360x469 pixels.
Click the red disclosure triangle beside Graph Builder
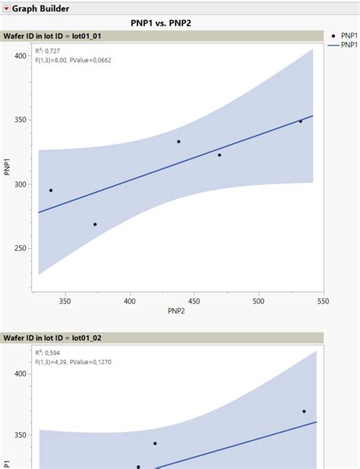point(6,8)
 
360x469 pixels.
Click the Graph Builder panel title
point(41,8)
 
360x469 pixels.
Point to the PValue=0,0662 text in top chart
point(91,59)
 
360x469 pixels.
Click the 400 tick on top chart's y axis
point(21,56)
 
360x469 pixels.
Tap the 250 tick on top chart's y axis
point(21,248)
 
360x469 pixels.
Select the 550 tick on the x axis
point(323,301)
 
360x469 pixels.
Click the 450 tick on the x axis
point(194,301)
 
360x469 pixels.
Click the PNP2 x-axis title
point(177,311)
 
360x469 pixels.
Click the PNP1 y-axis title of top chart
point(7,167)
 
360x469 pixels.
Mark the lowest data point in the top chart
point(95,225)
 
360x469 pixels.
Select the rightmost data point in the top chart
point(300,121)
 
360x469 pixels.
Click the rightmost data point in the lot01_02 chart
point(304,411)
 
